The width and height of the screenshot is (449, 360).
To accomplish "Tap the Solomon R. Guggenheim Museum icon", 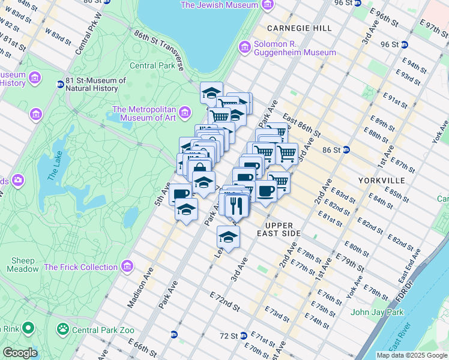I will click(x=244, y=47).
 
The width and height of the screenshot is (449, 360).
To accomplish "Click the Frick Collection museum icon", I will click(x=127, y=266).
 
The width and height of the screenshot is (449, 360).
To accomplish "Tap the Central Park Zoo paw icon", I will click(x=62, y=329).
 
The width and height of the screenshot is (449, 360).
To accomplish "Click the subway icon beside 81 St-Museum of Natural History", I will click(x=60, y=84).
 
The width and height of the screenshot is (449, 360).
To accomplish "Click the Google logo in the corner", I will click(x=20, y=353).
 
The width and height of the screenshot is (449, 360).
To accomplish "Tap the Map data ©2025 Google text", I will click(x=411, y=355).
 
